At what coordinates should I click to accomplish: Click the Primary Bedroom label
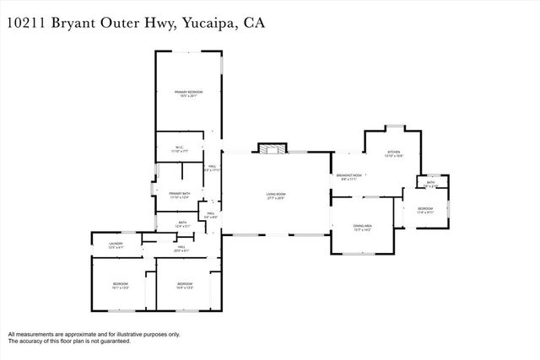click(187, 94)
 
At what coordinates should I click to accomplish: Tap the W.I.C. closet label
click(180, 149)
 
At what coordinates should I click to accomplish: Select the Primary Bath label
click(180, 195)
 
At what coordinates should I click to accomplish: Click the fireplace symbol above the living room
click(268, 149)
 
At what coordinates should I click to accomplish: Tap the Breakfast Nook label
click(349, 176)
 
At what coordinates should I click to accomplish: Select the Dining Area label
click(363, 225)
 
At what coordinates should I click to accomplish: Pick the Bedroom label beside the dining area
click(425, 209)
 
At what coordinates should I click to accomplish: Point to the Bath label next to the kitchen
click(430, 183)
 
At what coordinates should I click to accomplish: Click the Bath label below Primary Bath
click(181, 224)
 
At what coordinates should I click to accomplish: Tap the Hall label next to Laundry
click(181, 248)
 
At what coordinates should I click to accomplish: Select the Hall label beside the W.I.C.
click(212, 167)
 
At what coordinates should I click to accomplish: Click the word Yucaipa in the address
click(206, 23)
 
